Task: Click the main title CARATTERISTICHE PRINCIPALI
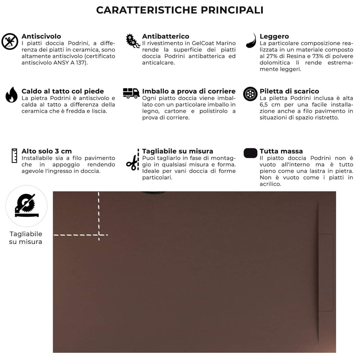180,10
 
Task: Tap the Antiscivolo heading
41,36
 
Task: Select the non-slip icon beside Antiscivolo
9,41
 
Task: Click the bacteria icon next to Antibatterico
132,41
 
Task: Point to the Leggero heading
274,36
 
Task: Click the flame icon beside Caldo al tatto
11,95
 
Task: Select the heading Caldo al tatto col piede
63,91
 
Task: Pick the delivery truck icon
131,93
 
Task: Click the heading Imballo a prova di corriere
189,91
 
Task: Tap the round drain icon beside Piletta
250,94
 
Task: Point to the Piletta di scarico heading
289,91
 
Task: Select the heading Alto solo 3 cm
47,151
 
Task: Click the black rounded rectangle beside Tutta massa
250,153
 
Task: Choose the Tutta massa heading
281,151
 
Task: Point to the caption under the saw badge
26,238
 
